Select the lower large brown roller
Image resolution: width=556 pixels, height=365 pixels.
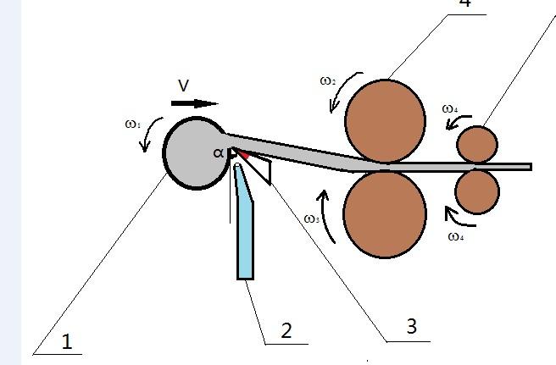(x=385, y=213)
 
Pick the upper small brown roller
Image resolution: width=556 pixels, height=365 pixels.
(x=477, y=143)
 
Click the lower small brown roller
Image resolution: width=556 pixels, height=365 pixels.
(x=477, y=191)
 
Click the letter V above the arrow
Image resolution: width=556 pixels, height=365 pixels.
(x=184, y=86)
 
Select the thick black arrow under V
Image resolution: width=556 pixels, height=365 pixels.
(x=194, y=103)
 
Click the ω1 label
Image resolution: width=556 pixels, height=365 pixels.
(x=132, y=124)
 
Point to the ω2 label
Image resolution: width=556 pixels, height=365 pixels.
(x=328, y=81)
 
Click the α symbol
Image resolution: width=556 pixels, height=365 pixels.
(x=219, y=152)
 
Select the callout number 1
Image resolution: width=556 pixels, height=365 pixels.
(x=66, y=341)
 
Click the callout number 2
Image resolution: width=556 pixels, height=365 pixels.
(x=286, y=330)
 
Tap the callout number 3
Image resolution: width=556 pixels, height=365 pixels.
(x=411, y=327)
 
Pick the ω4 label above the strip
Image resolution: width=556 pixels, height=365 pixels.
(x=450, y=109)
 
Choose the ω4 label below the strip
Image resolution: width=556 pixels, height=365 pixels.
(x=455, y=236)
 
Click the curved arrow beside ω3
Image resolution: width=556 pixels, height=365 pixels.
(x=325, y=215)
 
